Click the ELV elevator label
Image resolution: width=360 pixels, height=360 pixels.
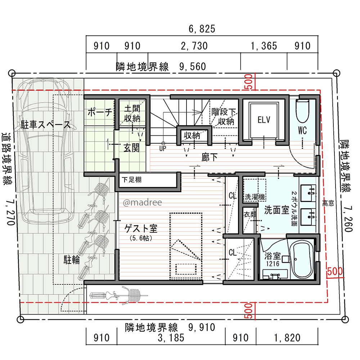point(264,120)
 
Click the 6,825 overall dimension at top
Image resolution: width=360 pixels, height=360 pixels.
point(202,29)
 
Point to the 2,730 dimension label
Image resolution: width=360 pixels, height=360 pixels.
point(194,46)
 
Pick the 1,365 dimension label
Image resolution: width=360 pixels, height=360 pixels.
point(264,46)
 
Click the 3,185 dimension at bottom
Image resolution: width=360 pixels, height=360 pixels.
point(171,338)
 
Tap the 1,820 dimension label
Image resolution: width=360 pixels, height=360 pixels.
point(287,338)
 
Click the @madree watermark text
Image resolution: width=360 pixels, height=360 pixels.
point(142,202)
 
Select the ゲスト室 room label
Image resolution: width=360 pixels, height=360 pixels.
point(141,229)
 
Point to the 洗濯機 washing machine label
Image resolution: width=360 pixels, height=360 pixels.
point(255,197)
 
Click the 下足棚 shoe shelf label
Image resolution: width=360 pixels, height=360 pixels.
point(131,180)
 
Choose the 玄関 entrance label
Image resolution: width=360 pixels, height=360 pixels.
point(131,148)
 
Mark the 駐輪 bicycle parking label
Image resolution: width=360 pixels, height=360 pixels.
point(72,260)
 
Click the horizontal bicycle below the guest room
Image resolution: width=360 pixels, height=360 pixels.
point(118,295)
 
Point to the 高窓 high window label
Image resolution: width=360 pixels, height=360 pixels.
point(328,203)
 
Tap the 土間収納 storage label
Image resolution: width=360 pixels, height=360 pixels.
point(132,113)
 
